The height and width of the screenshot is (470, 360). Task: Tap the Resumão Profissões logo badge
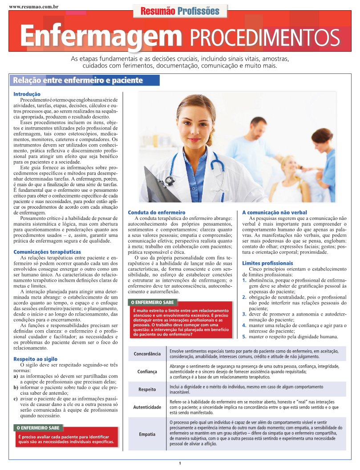pos(180,11)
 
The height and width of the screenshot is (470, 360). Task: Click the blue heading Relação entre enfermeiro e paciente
pos(78,81)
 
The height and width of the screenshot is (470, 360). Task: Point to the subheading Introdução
pos(27,94)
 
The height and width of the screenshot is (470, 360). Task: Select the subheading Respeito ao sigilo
pos(35,359)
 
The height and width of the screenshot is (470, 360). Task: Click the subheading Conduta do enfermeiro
pos(157,213)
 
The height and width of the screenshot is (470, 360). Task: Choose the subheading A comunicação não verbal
pos(275,213)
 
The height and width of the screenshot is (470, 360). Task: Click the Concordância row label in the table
pos(147,354)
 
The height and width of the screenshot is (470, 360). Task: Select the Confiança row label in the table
pos(147,371)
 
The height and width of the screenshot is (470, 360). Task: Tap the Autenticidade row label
pos(147,407)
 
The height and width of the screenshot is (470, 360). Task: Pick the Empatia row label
pos(147,434)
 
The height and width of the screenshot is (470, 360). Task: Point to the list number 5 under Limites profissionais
pos(244,337)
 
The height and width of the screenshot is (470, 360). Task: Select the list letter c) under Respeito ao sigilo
pos(16,399)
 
